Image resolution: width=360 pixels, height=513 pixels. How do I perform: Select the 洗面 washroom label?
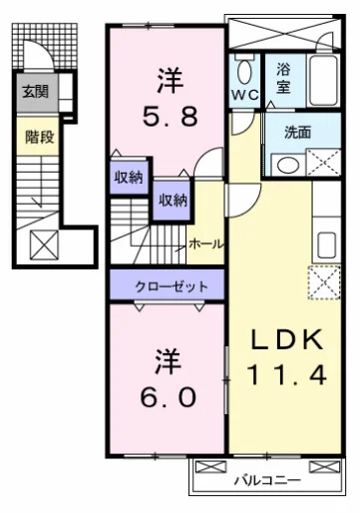[x=296, y=131]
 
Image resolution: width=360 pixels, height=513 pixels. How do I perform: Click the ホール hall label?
[x=204, y=244]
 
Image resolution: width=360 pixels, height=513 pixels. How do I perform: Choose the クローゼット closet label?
[x=173, y=286]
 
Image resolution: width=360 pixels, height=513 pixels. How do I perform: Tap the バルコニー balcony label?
[x=267, y=480]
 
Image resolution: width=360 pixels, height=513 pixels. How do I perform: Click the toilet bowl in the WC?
[x=244, y=70]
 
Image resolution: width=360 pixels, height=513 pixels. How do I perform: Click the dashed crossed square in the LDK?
[x=323, y=282]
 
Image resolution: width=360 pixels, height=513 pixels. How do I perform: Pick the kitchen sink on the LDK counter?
[x=325, y=243]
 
